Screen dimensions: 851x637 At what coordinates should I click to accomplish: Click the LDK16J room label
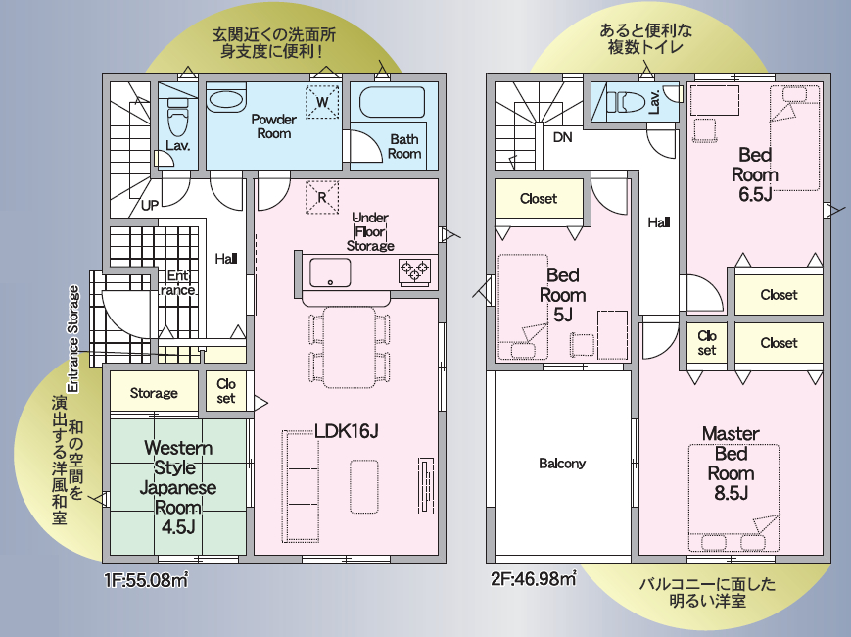(347, 431)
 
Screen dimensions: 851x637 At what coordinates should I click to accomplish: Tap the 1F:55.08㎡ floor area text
(146, 580)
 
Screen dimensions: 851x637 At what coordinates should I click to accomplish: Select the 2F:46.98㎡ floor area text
(534, 579)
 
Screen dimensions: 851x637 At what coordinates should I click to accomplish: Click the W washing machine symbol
(322, 102)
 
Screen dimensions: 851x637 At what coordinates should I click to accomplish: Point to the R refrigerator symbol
(322, 197)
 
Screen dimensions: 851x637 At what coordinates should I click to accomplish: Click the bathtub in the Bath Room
(392, 102)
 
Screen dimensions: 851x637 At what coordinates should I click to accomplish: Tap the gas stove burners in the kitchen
(414, 270)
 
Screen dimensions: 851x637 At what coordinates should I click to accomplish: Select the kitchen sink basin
(330, 272)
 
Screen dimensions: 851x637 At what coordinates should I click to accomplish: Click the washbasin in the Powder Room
(226, 101)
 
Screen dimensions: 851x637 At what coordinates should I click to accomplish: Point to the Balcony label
(562, 464)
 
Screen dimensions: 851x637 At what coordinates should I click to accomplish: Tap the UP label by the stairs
(150, 205)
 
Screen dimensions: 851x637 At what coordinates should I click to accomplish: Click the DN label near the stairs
(563, 137)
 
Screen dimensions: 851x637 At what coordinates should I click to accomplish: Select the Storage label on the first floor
(154, 393)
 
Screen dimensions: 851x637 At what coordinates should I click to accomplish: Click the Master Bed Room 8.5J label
(732, 464)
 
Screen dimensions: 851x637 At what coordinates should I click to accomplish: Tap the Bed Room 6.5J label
(755, 174)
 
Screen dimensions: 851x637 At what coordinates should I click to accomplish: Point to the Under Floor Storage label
(370, 232)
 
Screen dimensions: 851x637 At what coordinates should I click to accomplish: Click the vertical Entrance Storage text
(73, 339)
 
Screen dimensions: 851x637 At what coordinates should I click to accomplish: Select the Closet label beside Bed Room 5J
(539, 199)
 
